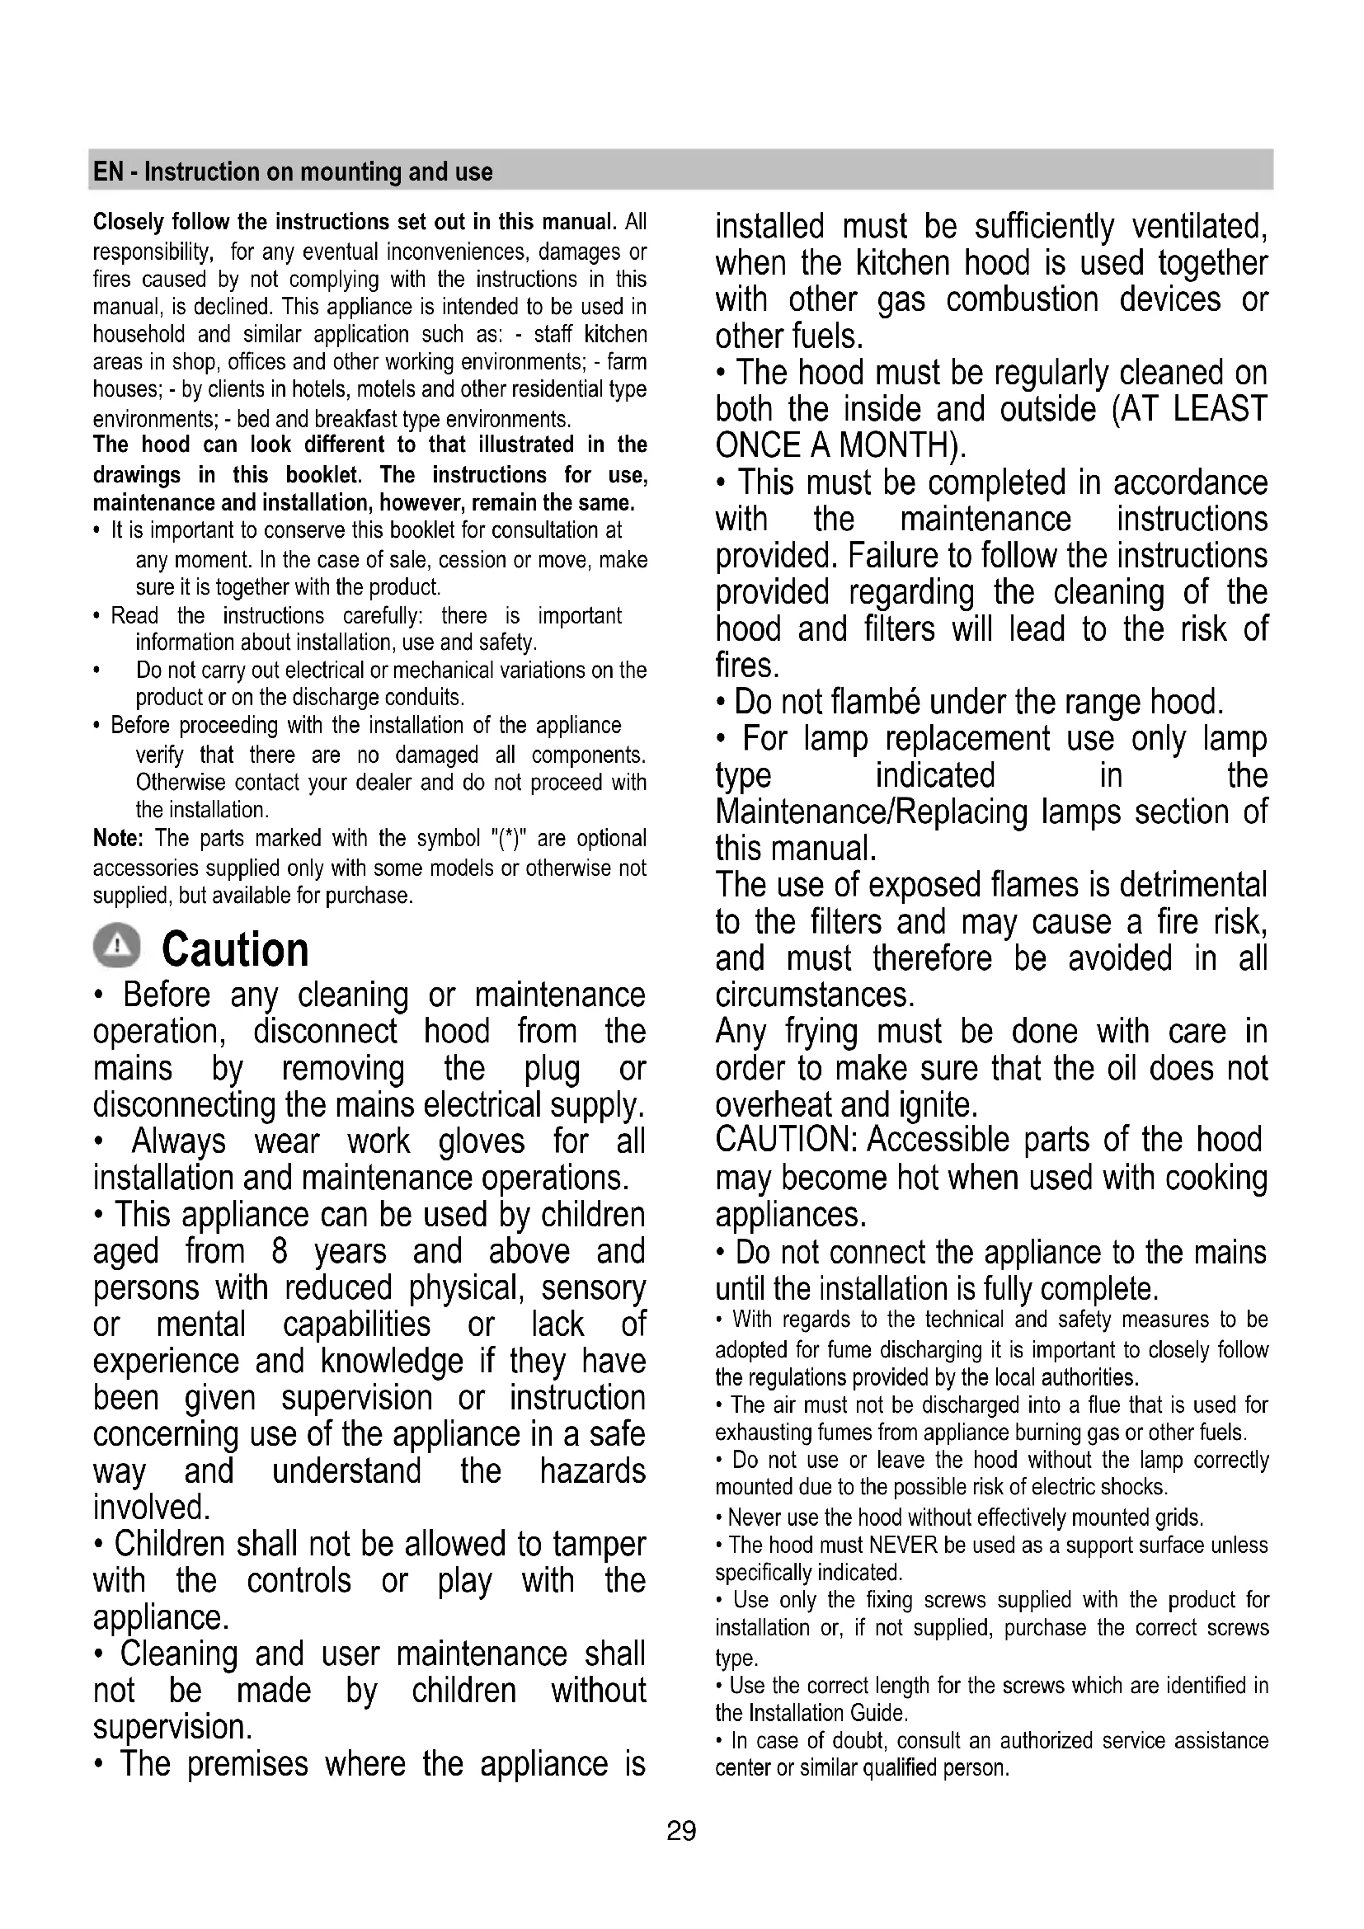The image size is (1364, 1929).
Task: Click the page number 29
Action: click(x=681, y=1830)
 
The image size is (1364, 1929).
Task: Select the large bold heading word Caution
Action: click(x=235, y=950)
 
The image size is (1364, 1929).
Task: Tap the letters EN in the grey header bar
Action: click(x=108, y=172)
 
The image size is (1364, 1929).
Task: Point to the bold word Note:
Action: click(x=119, y=839)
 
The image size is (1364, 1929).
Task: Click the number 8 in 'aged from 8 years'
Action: click(x=280, y=1251)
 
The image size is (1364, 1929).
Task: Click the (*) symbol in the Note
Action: click(x=508, y=839)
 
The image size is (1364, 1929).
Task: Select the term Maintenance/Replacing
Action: click(x=871, y=812)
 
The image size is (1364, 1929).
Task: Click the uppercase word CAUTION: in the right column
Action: click(x=785, y=1140)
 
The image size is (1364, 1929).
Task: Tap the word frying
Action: click(x=821, y=1031)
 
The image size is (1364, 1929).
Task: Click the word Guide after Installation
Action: click(x=878, y=1713)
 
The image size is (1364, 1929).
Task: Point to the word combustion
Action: click(x=1022, y=300)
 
